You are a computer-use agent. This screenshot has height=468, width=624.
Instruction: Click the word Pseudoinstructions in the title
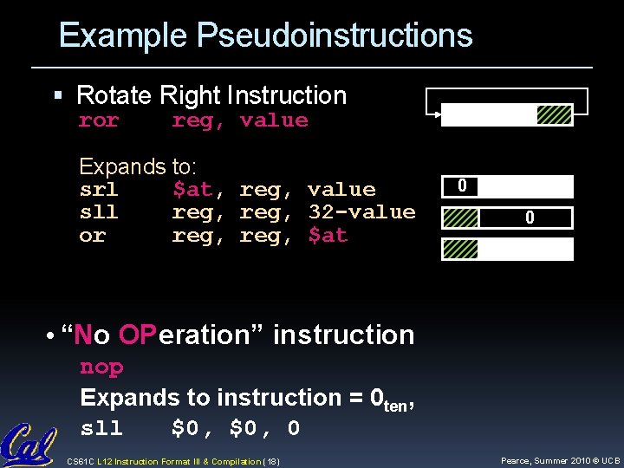(x=335, y=36)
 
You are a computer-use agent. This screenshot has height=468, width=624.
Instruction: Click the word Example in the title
(x=123, y=36)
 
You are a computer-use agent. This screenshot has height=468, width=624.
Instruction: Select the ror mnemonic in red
(x=98, y=120)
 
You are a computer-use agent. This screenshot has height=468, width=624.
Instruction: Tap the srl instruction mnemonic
(x=98, y=190)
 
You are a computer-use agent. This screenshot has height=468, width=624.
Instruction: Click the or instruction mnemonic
(x=92, y=236)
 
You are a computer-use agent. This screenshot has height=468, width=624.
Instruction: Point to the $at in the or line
(x=328, y=236)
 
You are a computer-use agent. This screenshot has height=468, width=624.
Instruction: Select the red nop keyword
(x=101, y=367)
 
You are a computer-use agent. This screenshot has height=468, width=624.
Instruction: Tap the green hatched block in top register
(x=554, y=115)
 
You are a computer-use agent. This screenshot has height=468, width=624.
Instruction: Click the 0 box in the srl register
(x=462, y=186)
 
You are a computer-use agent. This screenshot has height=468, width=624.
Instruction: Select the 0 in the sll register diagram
(x=529, y=219)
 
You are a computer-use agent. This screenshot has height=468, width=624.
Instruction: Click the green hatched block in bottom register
(x=460, y=250)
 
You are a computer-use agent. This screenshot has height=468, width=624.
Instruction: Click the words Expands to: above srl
(x=139, y=166)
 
